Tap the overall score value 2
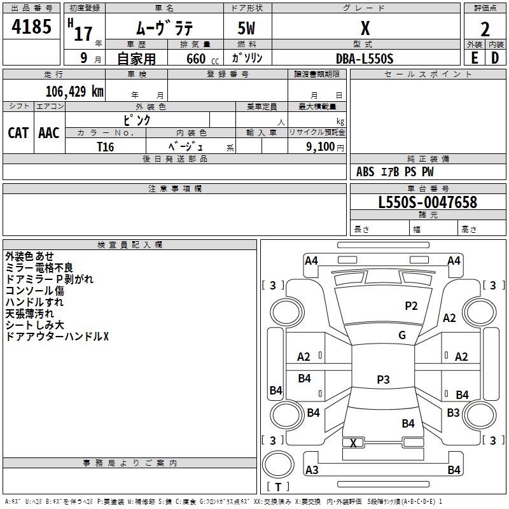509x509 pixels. pyautogui.click(x=485, y=29)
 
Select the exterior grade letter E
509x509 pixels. pyautogui.click(x=474, y=57)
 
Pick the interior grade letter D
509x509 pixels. pyautogui.click(x=495, y=57)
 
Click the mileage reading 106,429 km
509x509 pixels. pyautogui.click(x=74, y=91)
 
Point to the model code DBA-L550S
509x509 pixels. pyautogui.click(x=365, y=58)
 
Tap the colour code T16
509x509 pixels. pyautogui.click(x=105, y=146)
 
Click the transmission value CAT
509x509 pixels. pyautogui.click(x=18, y=132)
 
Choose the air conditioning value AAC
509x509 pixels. pyautogui.click(x=49, y=132)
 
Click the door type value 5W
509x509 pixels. pyautogui.click(x=248, y=29)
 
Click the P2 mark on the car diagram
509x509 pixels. pyautogui.click(x=411, y=306)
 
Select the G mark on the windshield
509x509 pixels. pyautogui.click(x=401, y=335)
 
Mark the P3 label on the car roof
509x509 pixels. pyautogui.click(x=382, y=380)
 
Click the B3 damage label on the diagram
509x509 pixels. pyautogui.click(x=453, y=412)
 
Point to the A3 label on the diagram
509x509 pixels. pyautogui.click(x=312, y=470)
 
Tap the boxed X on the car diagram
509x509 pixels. pyautogui.click(x=352, y=443)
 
